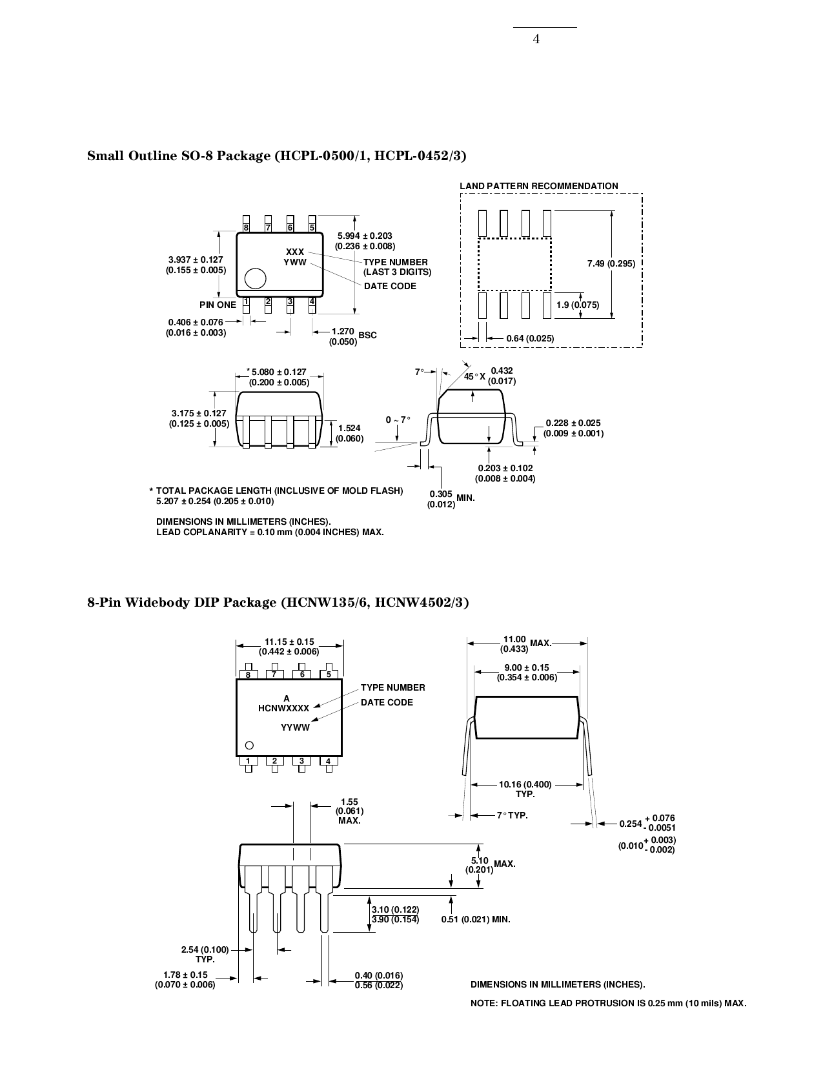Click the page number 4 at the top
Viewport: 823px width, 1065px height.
(x=536, y=39)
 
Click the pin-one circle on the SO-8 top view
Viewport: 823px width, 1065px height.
(x=256, y=278)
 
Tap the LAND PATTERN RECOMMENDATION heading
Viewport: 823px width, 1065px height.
(x=538, y=186)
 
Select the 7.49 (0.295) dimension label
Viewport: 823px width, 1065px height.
(x=611, y=264)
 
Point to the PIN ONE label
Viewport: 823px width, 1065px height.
(x=218, y=305)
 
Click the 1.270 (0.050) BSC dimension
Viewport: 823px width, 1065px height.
(x=352, y=336)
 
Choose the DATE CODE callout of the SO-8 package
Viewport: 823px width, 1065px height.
(x=390, y=286)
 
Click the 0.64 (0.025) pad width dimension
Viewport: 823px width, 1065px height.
(x=530, y=338)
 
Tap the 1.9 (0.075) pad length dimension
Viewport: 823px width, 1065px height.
(x=578, y=305)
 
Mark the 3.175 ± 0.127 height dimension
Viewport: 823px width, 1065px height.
(x=199, y=418)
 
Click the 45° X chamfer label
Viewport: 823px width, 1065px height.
(x=474, y=376)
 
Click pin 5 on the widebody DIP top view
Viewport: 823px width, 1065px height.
(x=329, y=674)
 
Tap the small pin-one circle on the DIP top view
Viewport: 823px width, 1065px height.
(x=250, y=745)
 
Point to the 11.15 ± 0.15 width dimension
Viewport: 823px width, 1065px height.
(x=289, y=646)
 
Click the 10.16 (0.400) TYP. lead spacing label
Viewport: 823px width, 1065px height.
(x=525, y=789)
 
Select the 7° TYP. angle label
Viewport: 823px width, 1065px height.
(x=512, y=816)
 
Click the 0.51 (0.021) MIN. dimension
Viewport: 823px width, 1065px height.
(x=476, y=919)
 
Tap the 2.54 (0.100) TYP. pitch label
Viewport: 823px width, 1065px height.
(x=205, y=954)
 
